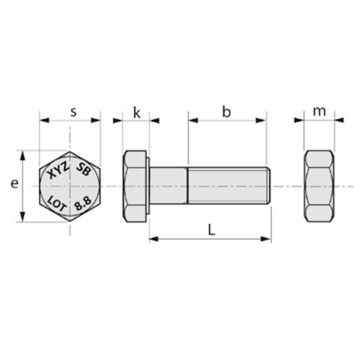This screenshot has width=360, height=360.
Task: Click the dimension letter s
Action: [73, 112]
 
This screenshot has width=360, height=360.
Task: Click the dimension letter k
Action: [137, 112]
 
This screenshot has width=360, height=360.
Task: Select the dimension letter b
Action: [226, 112]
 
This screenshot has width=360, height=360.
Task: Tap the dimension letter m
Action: [319, 112]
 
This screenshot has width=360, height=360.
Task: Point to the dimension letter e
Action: [14, 184]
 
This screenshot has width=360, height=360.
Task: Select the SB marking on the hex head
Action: [83, 170]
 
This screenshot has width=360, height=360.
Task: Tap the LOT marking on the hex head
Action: [58, 202]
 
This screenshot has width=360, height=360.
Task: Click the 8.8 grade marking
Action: [83, 202]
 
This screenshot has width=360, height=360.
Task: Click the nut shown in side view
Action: [319, 186]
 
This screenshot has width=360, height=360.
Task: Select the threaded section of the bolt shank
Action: [227, 186]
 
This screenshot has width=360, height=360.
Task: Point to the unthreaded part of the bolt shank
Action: [169, 186]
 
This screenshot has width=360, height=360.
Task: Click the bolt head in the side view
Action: [135, 186]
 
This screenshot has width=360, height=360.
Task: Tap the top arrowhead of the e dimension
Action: [23, 155]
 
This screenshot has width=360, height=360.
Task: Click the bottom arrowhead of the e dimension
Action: [23, 217]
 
